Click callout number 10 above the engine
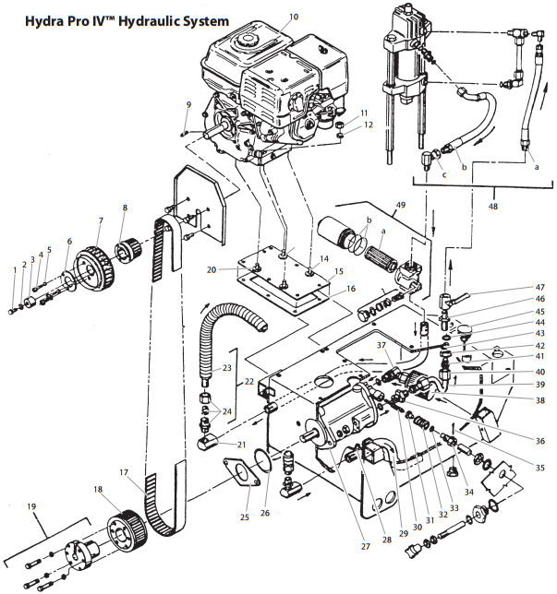click(x=295, y=17)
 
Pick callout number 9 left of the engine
click(x=188, y=105)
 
